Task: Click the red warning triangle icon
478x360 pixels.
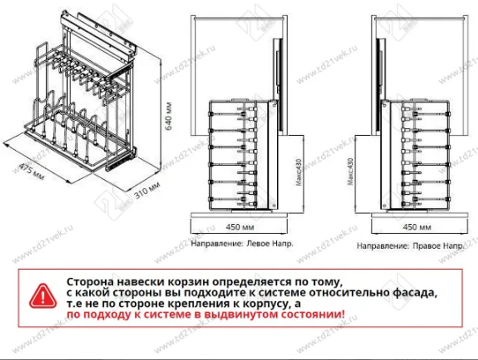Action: coord(43,296)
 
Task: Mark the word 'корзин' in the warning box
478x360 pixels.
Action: coord(186,281)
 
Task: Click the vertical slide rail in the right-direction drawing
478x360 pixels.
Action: coord(380,67)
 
